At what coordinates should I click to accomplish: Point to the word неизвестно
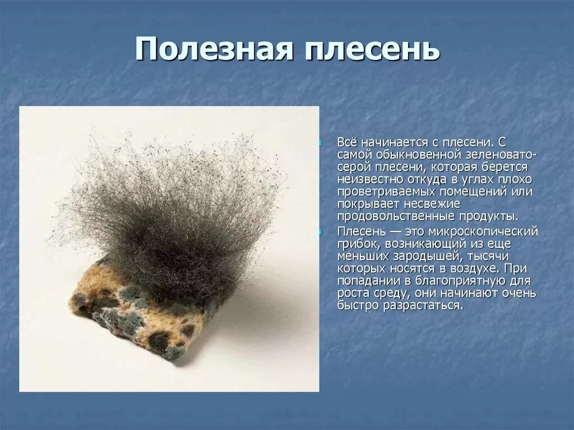tap(369, 179)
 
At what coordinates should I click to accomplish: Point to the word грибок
tap(357, 243)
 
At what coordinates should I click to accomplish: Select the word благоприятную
tap(457, 280)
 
